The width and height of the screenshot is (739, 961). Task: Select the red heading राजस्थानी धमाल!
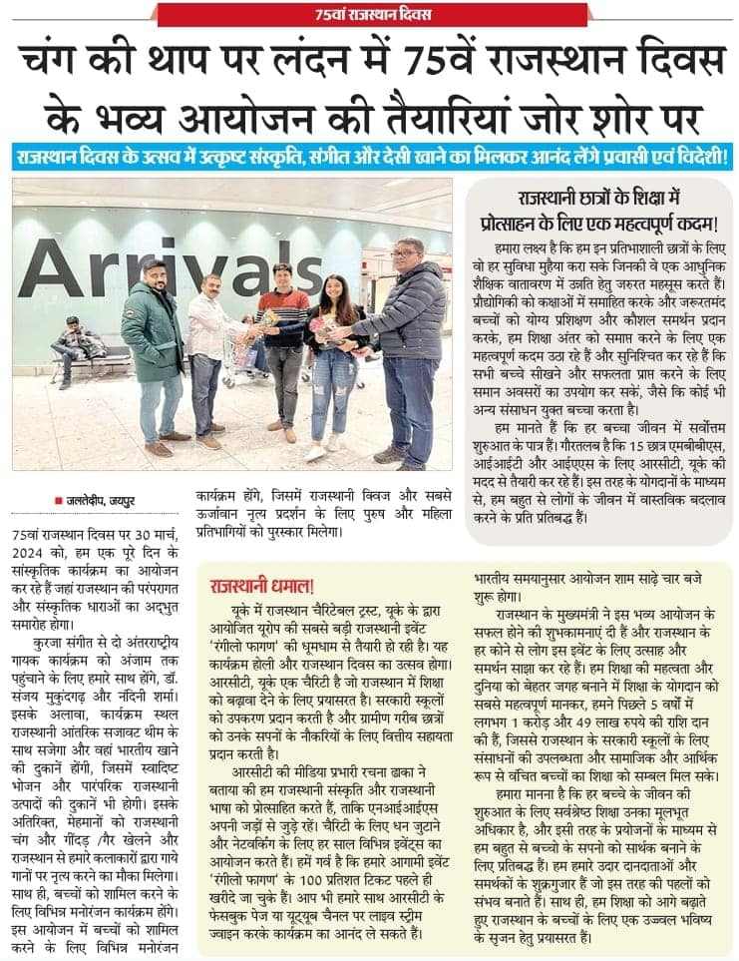[261, 586]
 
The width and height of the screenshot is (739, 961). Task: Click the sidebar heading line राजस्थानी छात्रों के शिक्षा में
[596, 198]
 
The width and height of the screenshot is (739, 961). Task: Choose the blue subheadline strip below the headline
[369, 158]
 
